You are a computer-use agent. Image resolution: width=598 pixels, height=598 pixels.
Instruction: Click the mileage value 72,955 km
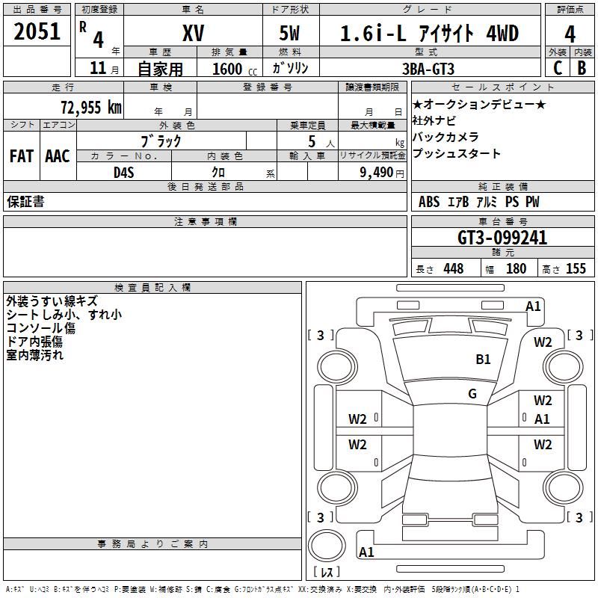91,107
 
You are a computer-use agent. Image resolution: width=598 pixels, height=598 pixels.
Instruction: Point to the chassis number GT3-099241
502,238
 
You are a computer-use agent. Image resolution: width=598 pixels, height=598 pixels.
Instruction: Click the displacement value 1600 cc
228,69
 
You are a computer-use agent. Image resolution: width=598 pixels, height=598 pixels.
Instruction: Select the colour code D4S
123,172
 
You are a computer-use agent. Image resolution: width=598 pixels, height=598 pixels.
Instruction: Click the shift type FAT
22,156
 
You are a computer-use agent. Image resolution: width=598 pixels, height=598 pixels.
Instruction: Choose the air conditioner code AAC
57,156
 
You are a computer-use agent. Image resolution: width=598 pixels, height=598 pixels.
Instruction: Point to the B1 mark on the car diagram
484,360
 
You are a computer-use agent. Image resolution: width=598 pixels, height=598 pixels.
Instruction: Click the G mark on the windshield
472,394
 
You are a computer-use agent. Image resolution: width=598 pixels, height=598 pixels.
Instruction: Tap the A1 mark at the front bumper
533,306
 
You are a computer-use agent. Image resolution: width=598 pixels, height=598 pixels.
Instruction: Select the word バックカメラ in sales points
446,137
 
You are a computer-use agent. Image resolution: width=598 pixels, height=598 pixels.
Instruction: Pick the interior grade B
582,68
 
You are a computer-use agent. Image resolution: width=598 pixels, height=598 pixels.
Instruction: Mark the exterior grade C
557,68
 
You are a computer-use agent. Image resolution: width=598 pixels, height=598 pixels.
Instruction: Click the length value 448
453,269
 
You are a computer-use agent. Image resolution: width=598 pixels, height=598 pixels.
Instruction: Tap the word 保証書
25,201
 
